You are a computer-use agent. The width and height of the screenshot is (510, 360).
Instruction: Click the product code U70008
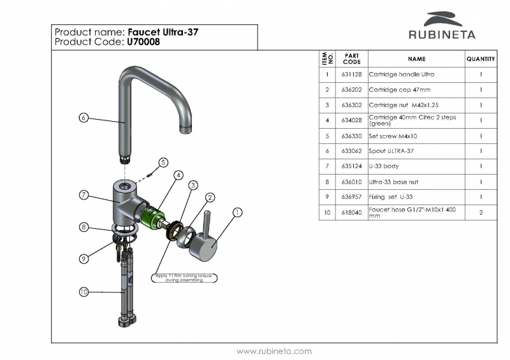point(143,42)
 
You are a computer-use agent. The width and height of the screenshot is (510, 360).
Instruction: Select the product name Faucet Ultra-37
point(164,31)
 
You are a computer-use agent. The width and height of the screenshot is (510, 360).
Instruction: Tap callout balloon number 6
point(83,117)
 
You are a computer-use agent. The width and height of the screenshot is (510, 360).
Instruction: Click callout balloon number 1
point(237,213)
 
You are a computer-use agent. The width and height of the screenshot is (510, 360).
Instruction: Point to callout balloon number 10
point(83,292)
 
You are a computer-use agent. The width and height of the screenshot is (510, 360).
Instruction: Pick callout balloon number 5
point(163,162)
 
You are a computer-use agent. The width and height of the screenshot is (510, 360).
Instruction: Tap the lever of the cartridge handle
point(205,225)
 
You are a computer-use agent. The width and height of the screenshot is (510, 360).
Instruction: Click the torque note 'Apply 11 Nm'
point(184,278)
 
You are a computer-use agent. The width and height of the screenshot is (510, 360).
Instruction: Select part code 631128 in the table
point(351,75)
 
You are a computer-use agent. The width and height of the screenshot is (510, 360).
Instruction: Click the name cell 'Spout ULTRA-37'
point(391,151)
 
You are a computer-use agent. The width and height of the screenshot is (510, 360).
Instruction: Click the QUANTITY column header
point(480,59)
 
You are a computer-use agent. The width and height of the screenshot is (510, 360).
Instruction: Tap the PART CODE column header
point(351,59)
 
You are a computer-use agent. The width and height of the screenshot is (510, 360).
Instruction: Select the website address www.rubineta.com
point(274,351)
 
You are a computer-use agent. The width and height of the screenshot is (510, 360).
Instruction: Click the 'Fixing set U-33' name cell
point(391,197)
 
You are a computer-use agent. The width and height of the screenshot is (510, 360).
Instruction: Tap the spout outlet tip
point(186,130)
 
